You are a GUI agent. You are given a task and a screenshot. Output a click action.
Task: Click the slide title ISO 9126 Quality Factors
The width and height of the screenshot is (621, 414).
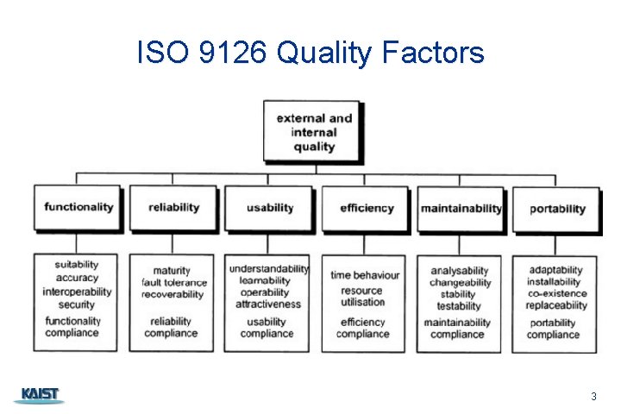tap(310, 53)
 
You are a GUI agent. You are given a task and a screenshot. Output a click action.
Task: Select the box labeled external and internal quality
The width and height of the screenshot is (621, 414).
tap(312, 132)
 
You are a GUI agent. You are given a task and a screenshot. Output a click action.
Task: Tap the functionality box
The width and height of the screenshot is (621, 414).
tap(78, 207)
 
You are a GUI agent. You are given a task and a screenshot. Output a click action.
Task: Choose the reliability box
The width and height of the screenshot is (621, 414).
tap(173, 207)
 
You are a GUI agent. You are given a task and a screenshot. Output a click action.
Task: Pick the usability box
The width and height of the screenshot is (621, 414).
tap(270, 208)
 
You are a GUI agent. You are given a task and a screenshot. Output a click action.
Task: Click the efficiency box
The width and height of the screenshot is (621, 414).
tap(366, 208)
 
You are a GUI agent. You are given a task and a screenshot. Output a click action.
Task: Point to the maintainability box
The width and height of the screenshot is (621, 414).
tap(461, 208)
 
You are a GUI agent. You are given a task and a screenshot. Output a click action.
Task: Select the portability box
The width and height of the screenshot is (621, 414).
tap(556, 208)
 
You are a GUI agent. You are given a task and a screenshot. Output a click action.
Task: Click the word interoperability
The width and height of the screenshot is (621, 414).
tap(77, 292)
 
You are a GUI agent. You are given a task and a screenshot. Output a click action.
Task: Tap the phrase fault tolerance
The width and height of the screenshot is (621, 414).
tap(174, 283)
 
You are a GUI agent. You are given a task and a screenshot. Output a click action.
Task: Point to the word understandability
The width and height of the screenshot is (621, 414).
tap(268, 269)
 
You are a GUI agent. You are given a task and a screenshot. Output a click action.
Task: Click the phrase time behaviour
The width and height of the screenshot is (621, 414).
tap(365, 275)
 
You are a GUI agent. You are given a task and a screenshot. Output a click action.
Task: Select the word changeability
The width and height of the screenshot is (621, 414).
tap(461, 283)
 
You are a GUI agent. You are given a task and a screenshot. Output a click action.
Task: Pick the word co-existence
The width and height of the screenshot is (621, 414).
tap(556, 294)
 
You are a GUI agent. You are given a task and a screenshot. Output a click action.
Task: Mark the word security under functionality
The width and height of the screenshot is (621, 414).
tap(77, 304)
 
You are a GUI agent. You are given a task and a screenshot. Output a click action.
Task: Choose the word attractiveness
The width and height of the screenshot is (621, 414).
tap(267, 304)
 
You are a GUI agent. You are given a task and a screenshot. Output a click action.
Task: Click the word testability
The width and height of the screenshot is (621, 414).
tap(459, 306)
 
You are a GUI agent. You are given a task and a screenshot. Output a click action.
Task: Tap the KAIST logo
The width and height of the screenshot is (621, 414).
tap(39, 395)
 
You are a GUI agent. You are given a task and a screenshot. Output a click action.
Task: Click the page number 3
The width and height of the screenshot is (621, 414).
tap(593, 397)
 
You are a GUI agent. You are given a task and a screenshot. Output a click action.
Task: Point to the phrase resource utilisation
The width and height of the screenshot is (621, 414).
tap(363, 297)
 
